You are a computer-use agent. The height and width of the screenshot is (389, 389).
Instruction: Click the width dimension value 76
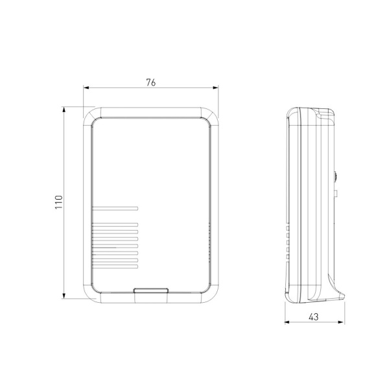(x=151, y=82)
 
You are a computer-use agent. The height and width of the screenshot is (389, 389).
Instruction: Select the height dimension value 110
(x=58, y=203)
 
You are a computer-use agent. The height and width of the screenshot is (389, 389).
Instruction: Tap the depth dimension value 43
(x=313, y=317)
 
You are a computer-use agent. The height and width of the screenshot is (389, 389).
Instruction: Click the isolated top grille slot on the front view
(x=115, y=209)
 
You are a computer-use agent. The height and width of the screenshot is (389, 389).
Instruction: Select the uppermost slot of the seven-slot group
(x=115, y=225)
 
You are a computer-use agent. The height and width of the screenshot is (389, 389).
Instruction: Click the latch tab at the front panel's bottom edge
(x=151, y=292)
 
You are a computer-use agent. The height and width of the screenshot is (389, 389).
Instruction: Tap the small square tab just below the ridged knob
(x=336, y=192)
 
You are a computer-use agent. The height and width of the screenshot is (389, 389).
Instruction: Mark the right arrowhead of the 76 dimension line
(x=217, y=89)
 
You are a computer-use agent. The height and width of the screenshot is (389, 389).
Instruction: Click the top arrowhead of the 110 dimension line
(x=64, y=110)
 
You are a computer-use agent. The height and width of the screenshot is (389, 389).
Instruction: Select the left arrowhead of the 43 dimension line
(x=289, y=324)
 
